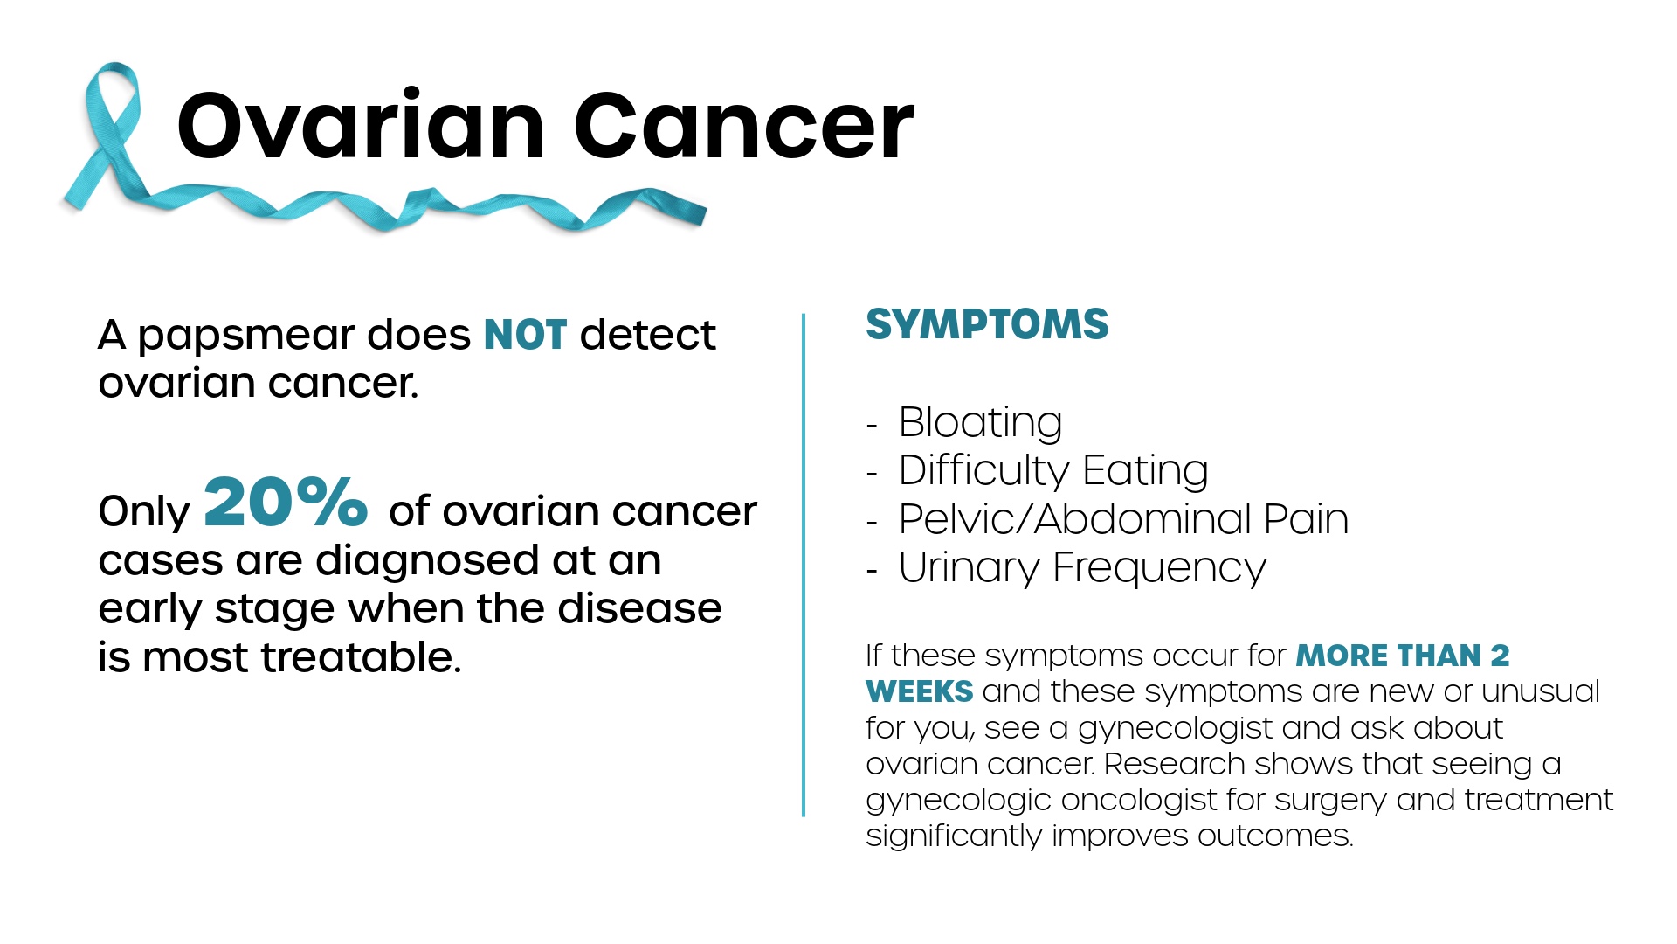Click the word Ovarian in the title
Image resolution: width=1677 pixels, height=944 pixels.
click(x=361, y=126)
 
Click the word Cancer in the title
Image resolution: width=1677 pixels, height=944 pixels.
click(x=743, y=126)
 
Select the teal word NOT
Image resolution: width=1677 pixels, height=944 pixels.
click(x=525, y=335)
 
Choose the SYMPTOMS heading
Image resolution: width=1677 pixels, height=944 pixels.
click(x=987, y=324)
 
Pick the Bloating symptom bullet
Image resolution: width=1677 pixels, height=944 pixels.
click(x=980, y=423)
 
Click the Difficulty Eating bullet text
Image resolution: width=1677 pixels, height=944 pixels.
click(x=1053, y=471)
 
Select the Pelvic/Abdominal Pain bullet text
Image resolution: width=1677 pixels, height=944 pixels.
click(x=1123, y=519)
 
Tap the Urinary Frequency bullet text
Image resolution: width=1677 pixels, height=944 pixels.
click(x=1082, y=568)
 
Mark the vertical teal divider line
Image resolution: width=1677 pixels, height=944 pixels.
click(x=804, y=565)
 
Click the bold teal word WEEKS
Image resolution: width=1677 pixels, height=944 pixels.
click(x=919, y=691)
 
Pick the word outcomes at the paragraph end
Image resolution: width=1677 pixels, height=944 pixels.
click(x=1275, y=836)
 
